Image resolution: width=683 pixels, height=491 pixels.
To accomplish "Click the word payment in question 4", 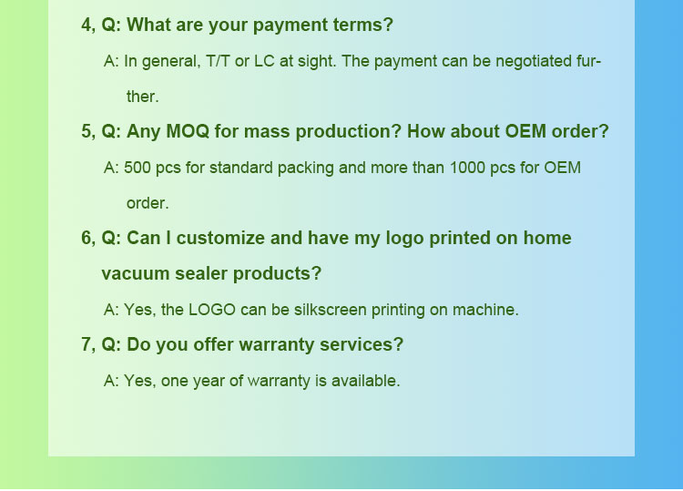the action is pyautogui.click(x=291, y=26).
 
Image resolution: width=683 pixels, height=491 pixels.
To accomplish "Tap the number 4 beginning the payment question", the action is pyautogui.click(x=87, y=26).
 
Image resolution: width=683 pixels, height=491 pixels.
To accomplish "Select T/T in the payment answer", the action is pyautogui.click(x=218, y=61).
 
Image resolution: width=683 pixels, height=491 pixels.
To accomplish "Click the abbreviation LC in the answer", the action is pyautogui.click(x=264, y=61).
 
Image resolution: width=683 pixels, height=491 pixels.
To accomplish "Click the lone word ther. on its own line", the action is pyautogui.click(x=142, y=97).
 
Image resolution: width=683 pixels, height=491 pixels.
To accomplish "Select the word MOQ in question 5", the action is pyautogui.click(x=188, y=131).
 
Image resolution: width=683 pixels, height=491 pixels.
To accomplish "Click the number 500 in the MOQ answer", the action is pyautogui.click(x=138, y=168).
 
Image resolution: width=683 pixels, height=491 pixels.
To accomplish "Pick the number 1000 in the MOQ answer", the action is pyautogui.click(x=467, y=168).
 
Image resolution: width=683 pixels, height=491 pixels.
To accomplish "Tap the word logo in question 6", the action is pyautogui.click(x=404, y=240).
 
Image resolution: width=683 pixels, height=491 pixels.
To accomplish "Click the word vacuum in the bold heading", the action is pyautogui.click(x=136, y=274).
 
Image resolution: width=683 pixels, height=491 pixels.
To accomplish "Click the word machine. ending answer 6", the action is pyautogui.click(x=485, y=311).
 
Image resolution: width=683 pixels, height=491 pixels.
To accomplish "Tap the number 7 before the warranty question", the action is pyautogui.click(x=87, y=345).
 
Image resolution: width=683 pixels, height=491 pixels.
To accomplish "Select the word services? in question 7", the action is pyautogui.click(x=362, y=345).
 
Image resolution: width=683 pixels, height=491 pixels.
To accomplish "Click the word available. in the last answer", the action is pyautogui.click(x=365, y=381).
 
